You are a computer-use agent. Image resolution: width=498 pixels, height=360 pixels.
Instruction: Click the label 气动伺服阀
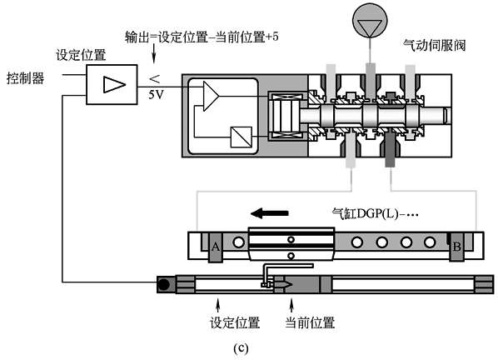(x=434, y=45)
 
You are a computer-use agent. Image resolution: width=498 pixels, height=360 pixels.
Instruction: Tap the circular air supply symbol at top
(x=370, y=21)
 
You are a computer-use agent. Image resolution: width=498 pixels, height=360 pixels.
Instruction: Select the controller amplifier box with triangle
(x=112, y=84)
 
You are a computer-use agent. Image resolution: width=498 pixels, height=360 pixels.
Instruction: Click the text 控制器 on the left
(x=26, y=77)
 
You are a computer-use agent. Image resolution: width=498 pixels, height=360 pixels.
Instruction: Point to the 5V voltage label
(x=156, y=94)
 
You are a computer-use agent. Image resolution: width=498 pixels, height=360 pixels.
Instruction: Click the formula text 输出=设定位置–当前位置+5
(x=202, y=37)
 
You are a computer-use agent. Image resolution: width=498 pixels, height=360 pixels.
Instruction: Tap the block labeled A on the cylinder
(x=216, y=247)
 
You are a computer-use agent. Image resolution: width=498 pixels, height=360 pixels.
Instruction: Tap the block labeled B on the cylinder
(x=456, y=247)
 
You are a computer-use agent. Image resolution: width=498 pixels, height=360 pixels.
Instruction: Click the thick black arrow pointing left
(x=269, y=212)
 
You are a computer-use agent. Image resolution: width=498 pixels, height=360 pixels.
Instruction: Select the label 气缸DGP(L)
(x=375, y=213)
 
